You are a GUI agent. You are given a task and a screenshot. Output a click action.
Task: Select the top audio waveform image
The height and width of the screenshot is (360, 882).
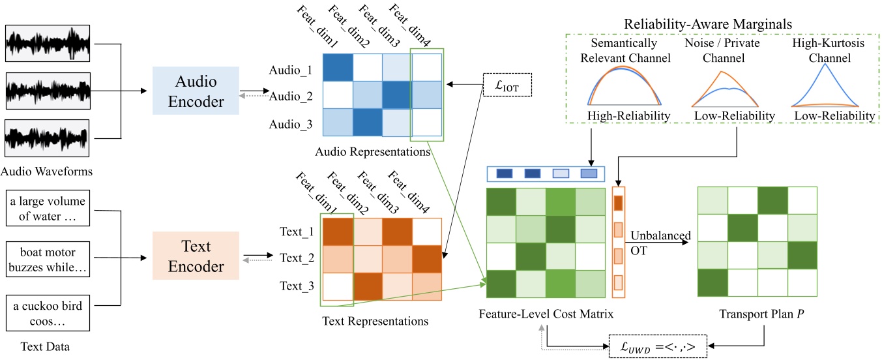pyautogui.click(x=47, y=44)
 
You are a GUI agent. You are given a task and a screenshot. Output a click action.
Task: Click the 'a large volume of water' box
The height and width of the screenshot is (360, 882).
pyautogui.click(x=47, y=208)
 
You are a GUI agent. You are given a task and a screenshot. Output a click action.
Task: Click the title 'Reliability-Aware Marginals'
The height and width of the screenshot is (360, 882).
pyautogui.click(x=717, y=23)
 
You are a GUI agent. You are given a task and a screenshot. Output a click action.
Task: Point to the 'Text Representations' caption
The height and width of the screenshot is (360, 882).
pyautogui.click(x=375, y=321)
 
